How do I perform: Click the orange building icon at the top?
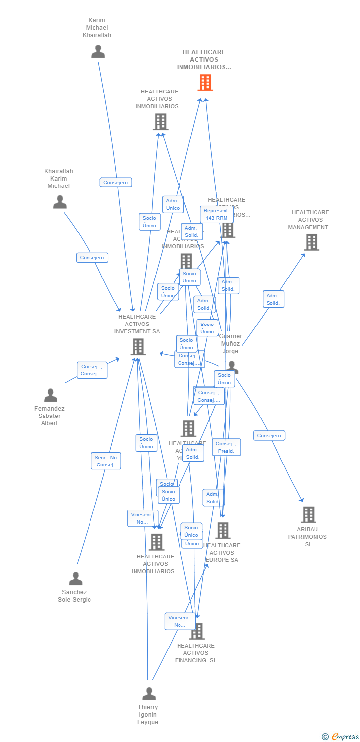pos(205,83)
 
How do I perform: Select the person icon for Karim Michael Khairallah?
pos(98,51)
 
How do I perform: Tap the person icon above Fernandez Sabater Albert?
pos(50,395)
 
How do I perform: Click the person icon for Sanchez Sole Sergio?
pos(76,578)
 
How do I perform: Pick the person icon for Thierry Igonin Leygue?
pos(149,694)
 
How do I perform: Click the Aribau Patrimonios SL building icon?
pos(309,514)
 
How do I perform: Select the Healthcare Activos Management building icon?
pos(311,242)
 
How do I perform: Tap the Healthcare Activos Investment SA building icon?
pos(138,347)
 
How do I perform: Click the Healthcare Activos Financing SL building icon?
pos(197,631)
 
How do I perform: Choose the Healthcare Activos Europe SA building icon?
pos(223,530)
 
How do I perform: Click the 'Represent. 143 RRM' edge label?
pos(217,214)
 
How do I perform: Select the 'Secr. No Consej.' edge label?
pos(106,461)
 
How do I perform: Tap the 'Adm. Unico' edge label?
pos(173,204)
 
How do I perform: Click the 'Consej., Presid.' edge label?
pos(226,447)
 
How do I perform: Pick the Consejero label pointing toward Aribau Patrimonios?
pos(269,436)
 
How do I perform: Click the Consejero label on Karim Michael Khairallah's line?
pos(115,183)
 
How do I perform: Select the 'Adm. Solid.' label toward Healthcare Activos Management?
pos(273,299)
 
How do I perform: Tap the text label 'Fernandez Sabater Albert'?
pos(49,416)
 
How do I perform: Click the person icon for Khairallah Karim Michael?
pos(60,202)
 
